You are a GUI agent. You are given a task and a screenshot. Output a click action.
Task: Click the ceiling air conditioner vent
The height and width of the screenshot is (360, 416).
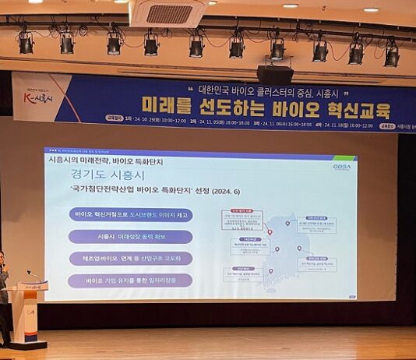[x=168, y=13]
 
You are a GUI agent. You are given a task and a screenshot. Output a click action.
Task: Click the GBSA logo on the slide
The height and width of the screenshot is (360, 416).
[x=341, y=166]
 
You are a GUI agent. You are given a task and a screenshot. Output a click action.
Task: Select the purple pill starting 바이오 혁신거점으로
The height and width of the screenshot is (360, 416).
[x=130, y=214]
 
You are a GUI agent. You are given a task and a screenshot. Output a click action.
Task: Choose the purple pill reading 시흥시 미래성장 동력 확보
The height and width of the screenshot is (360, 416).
[x=130, y=236]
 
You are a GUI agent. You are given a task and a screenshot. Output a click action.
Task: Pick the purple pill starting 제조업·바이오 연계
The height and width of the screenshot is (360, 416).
[x=130, y=258]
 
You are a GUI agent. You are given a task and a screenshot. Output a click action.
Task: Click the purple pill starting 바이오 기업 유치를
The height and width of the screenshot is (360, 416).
[x=130, y=280]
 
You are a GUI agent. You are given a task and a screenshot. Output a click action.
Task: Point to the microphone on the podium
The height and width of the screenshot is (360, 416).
[x=32, y=275]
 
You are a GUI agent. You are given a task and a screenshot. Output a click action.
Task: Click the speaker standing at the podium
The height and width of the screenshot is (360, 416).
[x=4, y=296]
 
